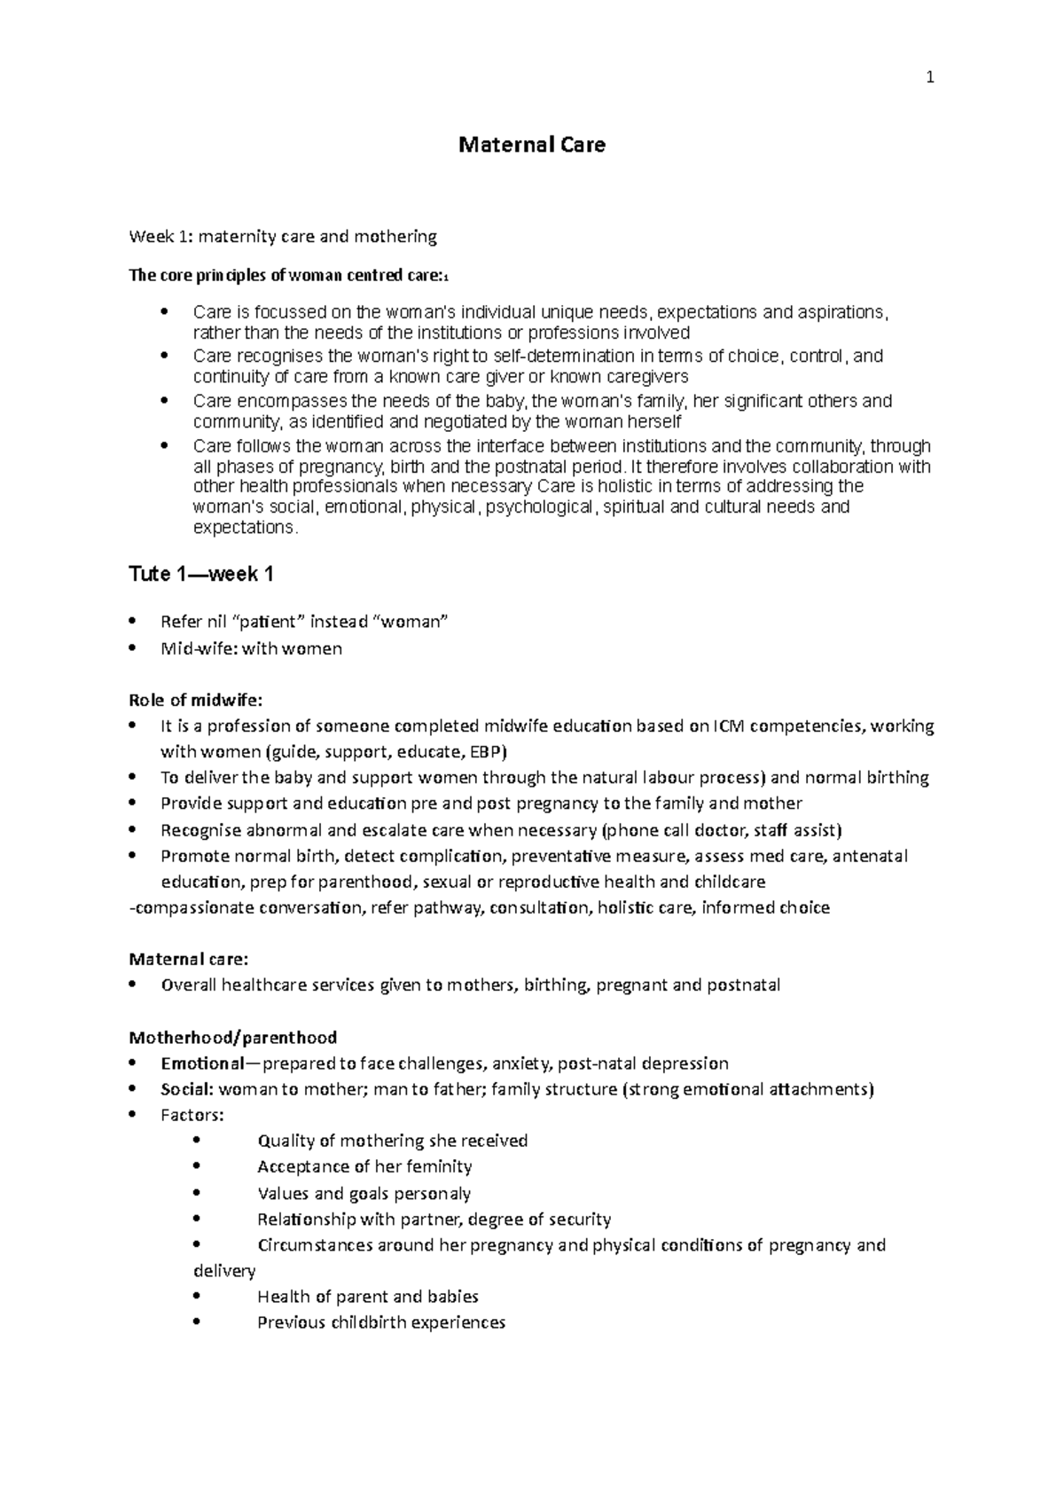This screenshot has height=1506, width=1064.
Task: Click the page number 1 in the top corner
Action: [x=929, y=78]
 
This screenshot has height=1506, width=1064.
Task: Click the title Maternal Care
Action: [x=532, y=145]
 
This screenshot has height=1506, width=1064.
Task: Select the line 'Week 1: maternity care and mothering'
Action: [x=283, y=237]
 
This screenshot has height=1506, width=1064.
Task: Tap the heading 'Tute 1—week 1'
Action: [x=201, y=575]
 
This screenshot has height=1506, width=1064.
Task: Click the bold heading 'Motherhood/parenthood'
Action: [x=233, y=1037]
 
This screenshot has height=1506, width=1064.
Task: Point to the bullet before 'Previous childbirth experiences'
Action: [x=197, y=1322]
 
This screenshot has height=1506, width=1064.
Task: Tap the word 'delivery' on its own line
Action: [x=224, y=1271]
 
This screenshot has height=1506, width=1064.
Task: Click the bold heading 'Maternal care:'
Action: [x=189, y=959]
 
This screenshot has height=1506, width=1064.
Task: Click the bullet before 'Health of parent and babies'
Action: [x=197, y=1297]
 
